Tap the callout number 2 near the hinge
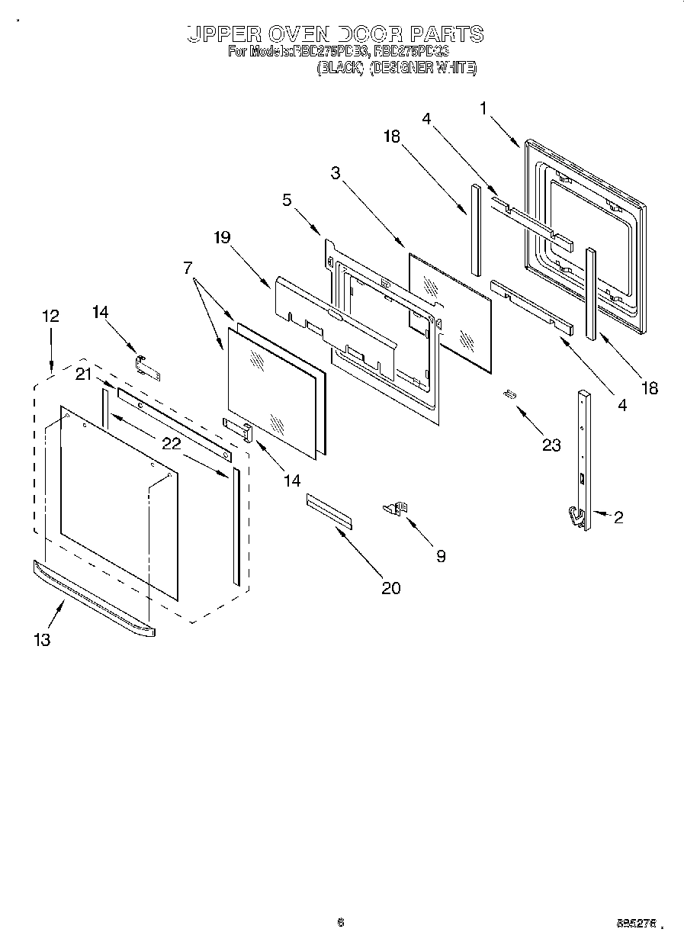tap(618, 518)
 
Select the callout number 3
tap(336, 173)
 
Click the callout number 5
tap(286, 200)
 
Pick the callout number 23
tap(551, 445)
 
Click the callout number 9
tap(441, 556)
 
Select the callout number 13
tap(42, 640)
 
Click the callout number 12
tap(50, 316)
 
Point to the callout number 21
tap(84, 373)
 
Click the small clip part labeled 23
tap(509, 394)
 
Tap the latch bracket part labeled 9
tap(397, 507)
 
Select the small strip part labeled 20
tap(329, 510)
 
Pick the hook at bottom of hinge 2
tap(574, 518)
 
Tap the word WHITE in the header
tap(456, 68)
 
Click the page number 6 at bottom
tap(341, 921)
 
